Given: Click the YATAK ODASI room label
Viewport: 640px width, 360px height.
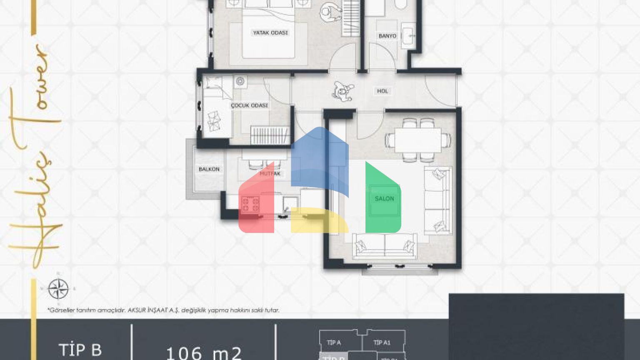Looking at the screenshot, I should (x=270, y=32).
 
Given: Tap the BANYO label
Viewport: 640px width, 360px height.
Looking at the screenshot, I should (x=387, y=36).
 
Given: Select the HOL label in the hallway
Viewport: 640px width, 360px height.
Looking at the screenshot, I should (x=382, y=91).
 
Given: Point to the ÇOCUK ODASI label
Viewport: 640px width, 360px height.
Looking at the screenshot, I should (x=250, y=105).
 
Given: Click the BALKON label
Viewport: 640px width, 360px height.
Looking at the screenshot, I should (x=209, y=169).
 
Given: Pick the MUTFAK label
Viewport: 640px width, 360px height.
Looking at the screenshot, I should (x=270, y=173).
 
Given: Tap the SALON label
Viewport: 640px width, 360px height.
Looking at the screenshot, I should (x=384, y=199).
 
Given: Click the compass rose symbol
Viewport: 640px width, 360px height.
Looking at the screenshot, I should (x=58, y=289).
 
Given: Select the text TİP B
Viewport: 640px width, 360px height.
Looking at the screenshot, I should (x=80, y=350).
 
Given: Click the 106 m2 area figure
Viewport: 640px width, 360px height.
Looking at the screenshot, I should (x=204, y=353).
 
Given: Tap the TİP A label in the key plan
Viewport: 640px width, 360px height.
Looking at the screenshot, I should (x=334, y=342).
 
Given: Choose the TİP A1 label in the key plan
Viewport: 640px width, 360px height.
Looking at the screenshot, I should (x=382, y=342).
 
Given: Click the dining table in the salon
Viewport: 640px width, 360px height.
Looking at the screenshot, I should (x=418, y=140).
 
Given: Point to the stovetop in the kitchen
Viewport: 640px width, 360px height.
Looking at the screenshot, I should (x=250, y=205).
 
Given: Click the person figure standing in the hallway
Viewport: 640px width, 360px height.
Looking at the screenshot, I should (x=343, y=91).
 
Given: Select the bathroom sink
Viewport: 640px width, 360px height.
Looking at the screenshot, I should (x=408, y=36).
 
